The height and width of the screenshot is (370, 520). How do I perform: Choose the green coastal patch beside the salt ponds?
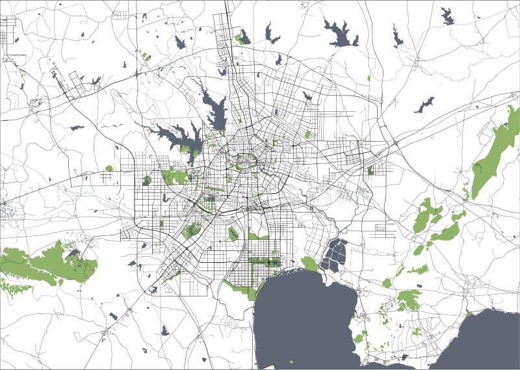pyautogui.click(x=310, y=264)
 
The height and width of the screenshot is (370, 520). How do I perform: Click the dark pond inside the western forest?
pyautogui.click(x=71, y=254)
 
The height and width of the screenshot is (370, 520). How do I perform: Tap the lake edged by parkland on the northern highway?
pyautogui.click(x=243, y=37)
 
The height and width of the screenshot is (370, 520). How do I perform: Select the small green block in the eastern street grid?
pyautogui.click(x=370, y=170)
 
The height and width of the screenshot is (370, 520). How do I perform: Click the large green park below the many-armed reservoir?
pyautogui.click(x=174, y=176)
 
